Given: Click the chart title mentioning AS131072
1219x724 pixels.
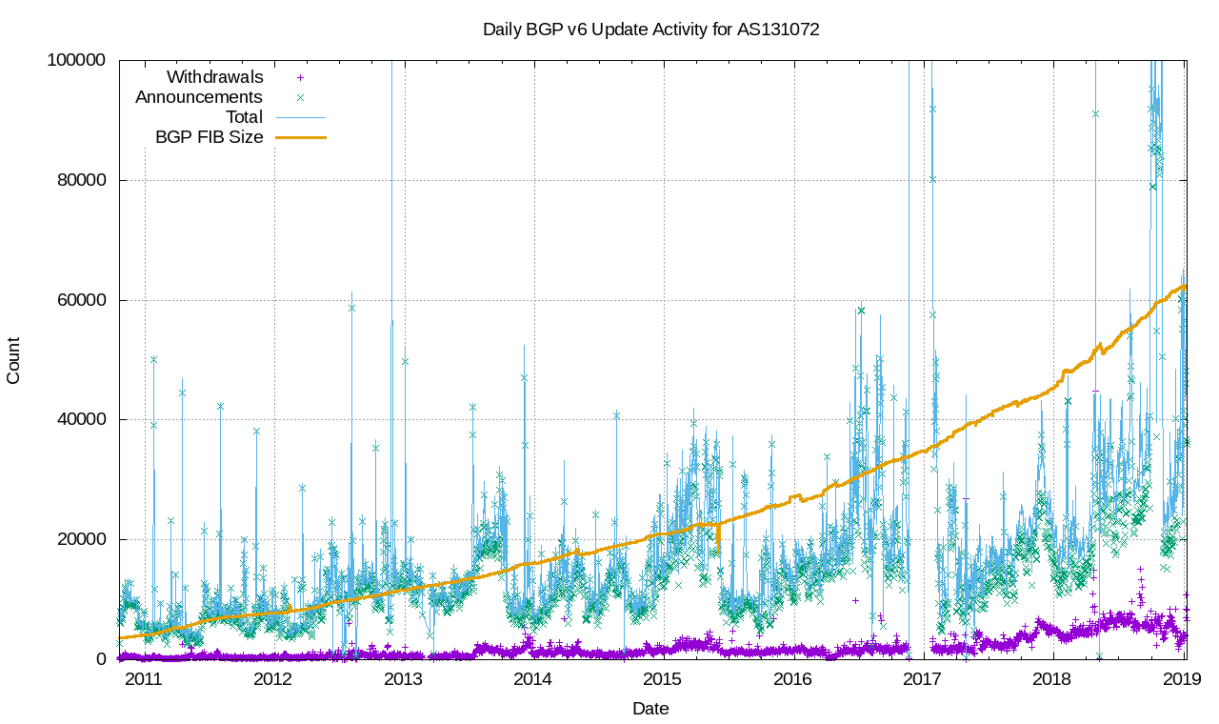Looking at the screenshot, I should tap(650, 30).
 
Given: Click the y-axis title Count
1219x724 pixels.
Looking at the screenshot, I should tap(13, 360).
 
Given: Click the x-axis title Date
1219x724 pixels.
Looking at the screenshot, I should tap(650, 709).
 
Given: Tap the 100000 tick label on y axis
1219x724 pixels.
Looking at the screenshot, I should tap(77, 60).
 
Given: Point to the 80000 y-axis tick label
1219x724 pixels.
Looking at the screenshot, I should tap(82, 180).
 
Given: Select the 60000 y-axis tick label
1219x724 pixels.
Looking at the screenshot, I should tap(82, 300).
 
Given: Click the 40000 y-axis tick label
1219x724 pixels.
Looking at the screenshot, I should tap(82, 419).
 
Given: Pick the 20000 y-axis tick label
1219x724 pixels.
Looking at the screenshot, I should tap(82, 539).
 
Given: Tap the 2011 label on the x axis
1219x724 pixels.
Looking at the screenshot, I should tap(143, 679).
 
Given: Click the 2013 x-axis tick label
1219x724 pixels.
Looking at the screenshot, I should tap(403, 679).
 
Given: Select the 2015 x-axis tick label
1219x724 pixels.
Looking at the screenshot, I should tap(663, 679).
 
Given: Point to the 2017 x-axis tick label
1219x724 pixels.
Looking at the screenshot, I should tap(923, 679).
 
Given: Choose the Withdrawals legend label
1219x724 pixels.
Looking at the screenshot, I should tap(215, 77).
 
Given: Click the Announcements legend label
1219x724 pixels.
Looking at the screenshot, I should tap(199, 97).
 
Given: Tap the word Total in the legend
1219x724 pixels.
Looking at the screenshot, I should tap(244, 117).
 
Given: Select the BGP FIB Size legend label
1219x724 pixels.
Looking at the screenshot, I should tap(210, 137).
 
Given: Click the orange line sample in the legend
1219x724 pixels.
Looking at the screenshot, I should tap(301, 137).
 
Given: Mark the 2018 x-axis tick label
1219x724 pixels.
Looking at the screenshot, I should tap(1052, 679).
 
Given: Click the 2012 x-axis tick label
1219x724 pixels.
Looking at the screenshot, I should tap(272, 679).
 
